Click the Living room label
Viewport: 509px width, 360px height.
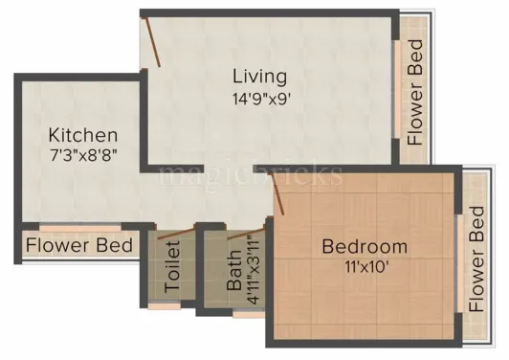(258, 76)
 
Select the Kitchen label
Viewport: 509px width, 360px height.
(83, 135)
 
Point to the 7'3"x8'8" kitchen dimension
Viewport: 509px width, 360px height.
(83, 154)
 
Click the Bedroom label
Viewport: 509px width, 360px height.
(364, 247)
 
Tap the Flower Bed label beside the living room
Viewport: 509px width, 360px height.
(414, 93)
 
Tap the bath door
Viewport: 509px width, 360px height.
(246, 234)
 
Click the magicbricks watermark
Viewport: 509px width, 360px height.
(251, 174)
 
